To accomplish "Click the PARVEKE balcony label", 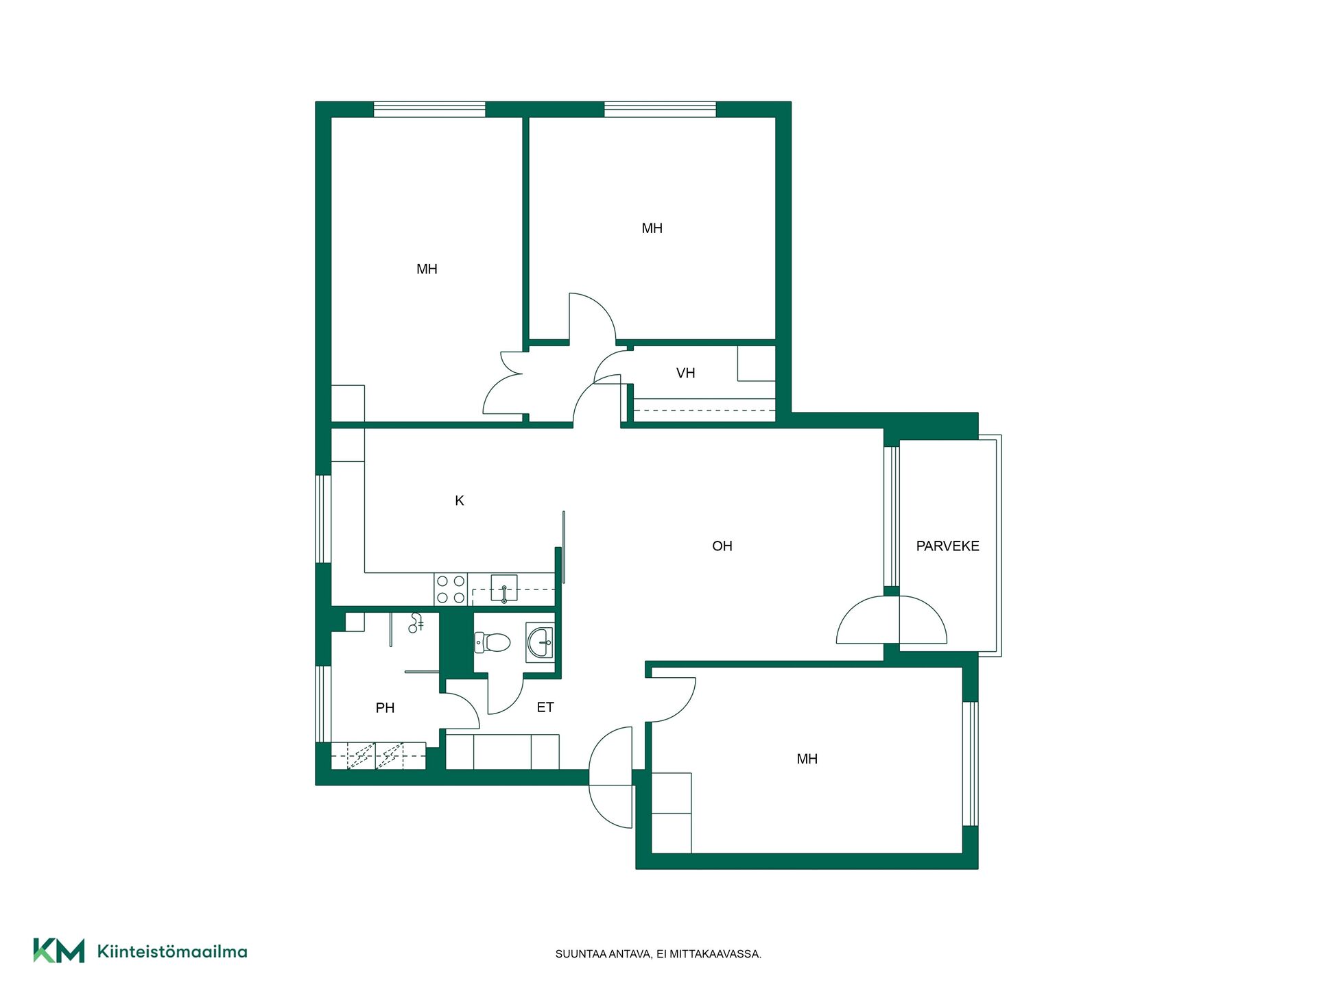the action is click(947, 546).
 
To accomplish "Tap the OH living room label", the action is click(722, 546).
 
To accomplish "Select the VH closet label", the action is click(685, 373).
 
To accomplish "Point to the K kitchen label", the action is click(460, 501).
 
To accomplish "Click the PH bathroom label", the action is click(385, 708).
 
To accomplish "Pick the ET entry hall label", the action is click(545, 707).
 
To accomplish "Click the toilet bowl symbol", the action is click(493, 642).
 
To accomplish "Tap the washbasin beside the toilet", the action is click(540, 642).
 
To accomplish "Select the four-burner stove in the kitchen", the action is click(451, 589).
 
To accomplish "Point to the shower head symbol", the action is click(416, 623).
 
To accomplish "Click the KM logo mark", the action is click(59, 951).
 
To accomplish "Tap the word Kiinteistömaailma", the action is click(172, 951).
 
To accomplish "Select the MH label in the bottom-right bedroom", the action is click(807, 759).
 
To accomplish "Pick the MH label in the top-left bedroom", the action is click(427, 269).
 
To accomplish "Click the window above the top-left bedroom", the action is click(429, 110).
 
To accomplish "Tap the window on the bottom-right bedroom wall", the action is click(970, 764).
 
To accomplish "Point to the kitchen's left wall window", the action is click(323, 519).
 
